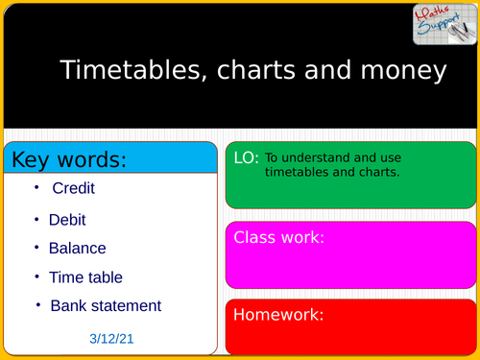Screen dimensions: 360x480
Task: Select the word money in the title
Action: click(x=407, y=71)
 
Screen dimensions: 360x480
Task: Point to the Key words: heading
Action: click(x=68, y=158)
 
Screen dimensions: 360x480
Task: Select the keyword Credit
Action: click(x=74, y=189)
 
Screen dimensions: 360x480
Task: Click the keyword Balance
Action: click(x=77, y=248)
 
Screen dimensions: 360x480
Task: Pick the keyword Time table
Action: click(x=85, y=277)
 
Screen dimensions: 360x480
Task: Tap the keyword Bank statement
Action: click(x=106, y=306)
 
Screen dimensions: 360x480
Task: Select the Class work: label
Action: click(x=279, y=237)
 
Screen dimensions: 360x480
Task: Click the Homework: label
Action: click(x=278, y=314)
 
